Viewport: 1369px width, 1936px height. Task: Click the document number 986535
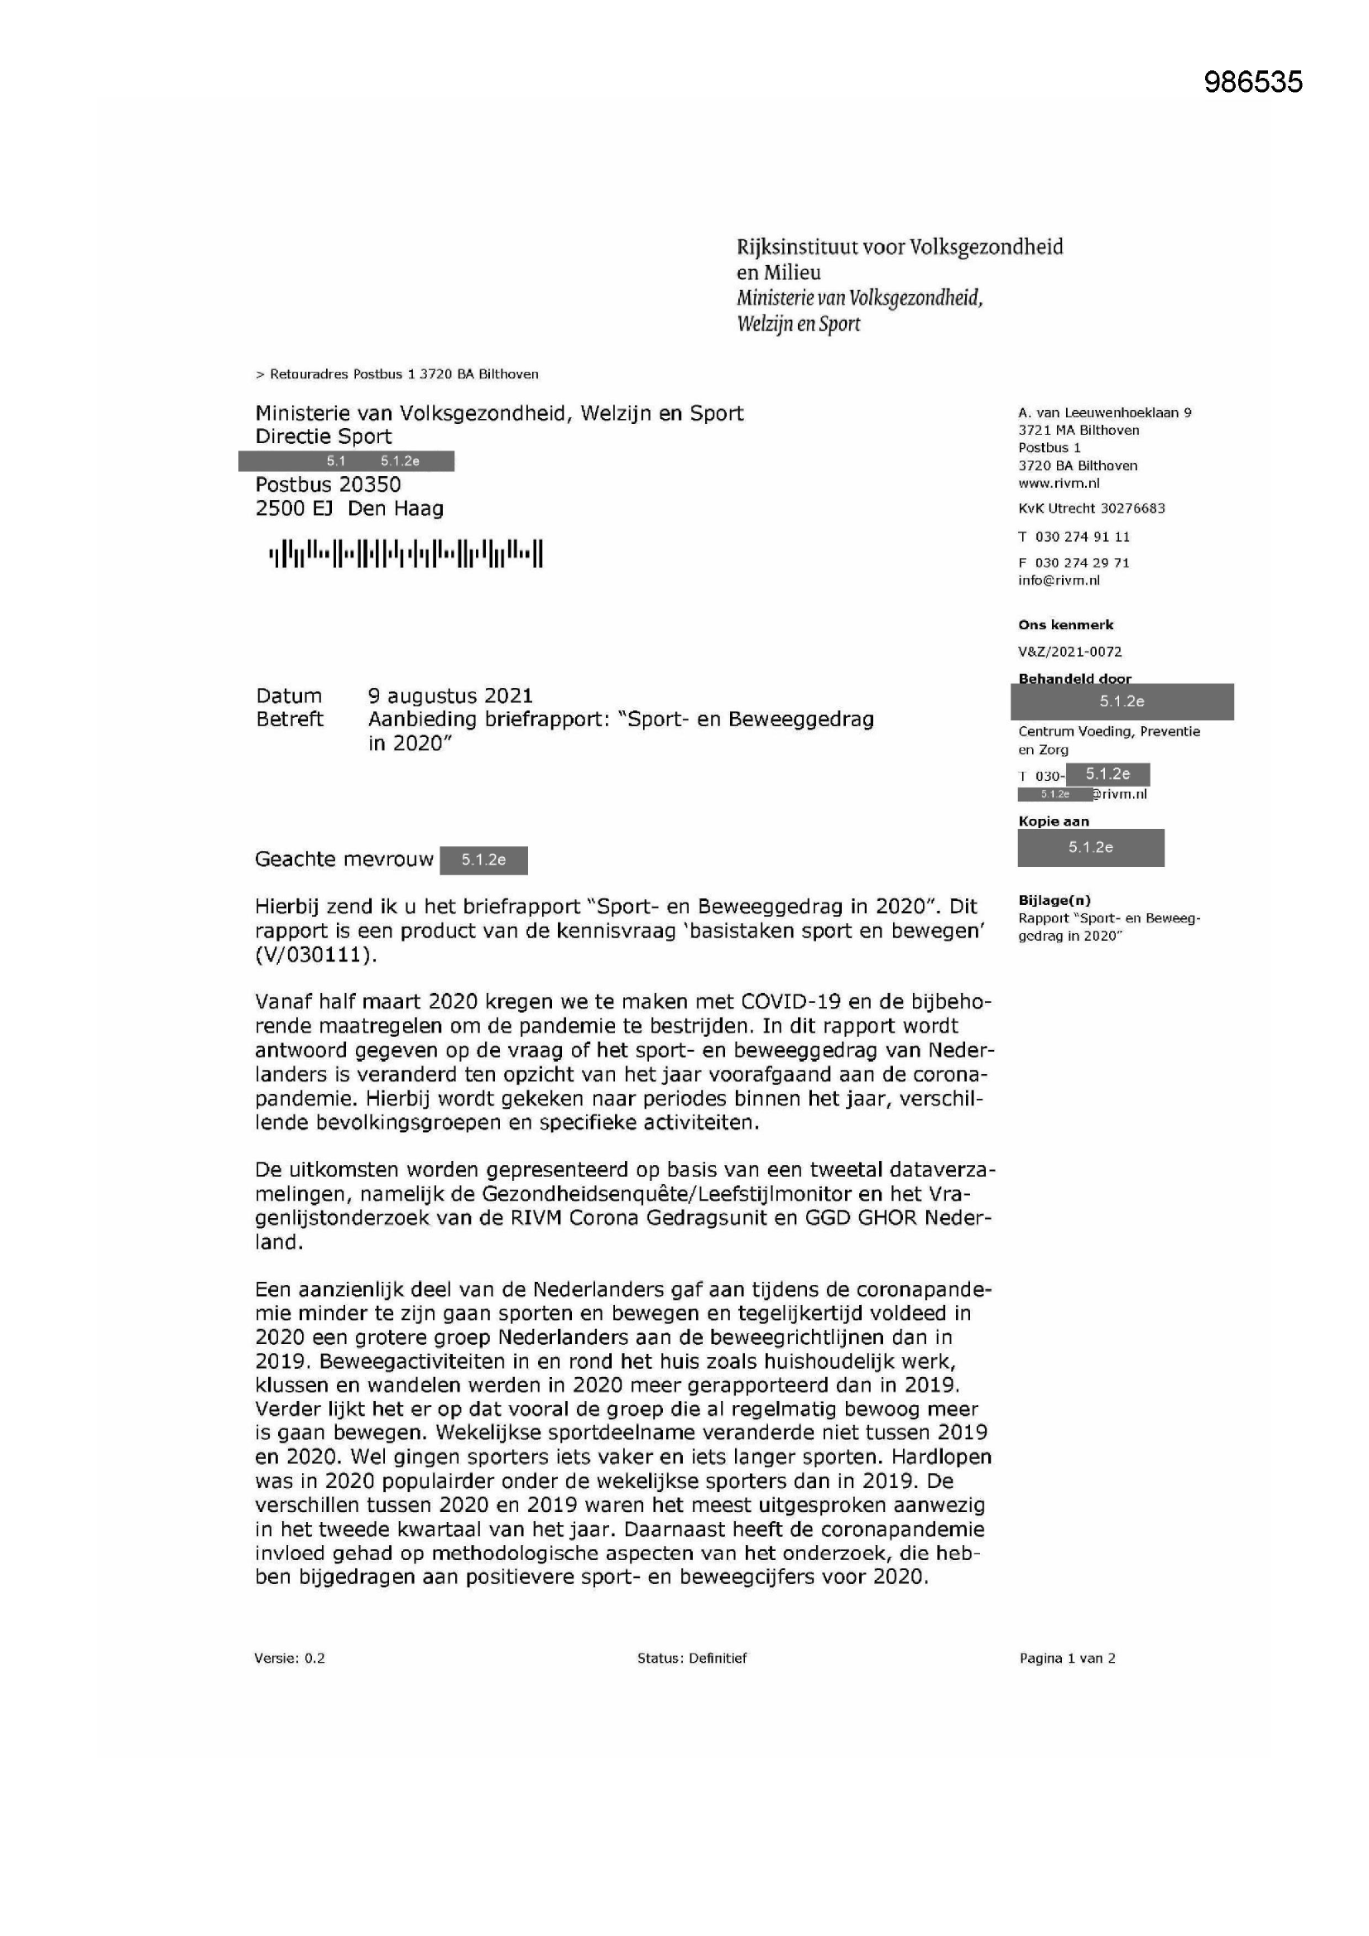[x=1252, y=82]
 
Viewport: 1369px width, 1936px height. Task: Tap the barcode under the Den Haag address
[x=406, y=554]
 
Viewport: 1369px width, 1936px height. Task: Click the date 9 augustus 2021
[x=450, y=696]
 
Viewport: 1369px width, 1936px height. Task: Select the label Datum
[x=289, y=696]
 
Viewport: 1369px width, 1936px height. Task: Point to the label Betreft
[x=289, y=720]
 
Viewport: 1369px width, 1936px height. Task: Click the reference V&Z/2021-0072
[x=1069, y=651]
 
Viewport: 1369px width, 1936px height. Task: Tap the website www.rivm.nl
[x=1059, y=483]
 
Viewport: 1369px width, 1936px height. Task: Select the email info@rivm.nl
[x=1059, y=580]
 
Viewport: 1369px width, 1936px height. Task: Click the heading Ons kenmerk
[x=1065, y=625]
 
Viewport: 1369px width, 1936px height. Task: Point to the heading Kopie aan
[x=1054, y=821]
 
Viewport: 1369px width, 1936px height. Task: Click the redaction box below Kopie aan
[x=1091, y=847]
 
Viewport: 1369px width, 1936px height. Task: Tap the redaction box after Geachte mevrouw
[x=484, y=860]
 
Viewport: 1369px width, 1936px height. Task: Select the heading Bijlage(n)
[x=1054, y=900]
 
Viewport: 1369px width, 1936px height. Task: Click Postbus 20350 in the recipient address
[x=328, y=485]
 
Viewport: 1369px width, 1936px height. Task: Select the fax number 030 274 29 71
[x=1083, y=562]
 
